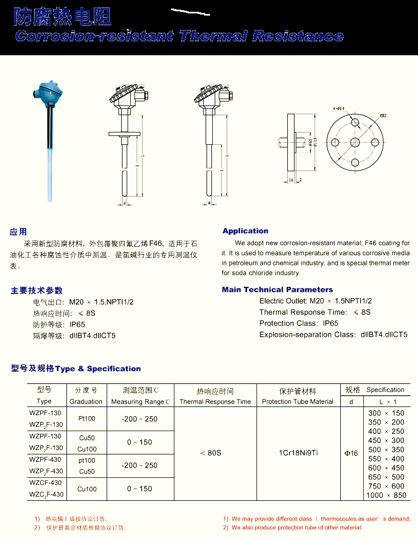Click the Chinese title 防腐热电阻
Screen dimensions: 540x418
point(62,17)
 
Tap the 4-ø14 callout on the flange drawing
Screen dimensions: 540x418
point(339,109)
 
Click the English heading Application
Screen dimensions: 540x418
point(245,231)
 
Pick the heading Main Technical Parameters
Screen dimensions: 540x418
point(277,290)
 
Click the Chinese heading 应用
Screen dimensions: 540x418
point(18,232)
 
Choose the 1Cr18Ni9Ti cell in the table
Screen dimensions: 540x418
point(298,453)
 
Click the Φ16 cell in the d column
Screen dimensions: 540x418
point(351,454)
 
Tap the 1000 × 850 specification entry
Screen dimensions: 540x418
point(386,495)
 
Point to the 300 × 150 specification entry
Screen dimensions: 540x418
point(386,413)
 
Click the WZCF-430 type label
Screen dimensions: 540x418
point(46,483)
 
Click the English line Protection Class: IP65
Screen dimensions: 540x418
point(298,323)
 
